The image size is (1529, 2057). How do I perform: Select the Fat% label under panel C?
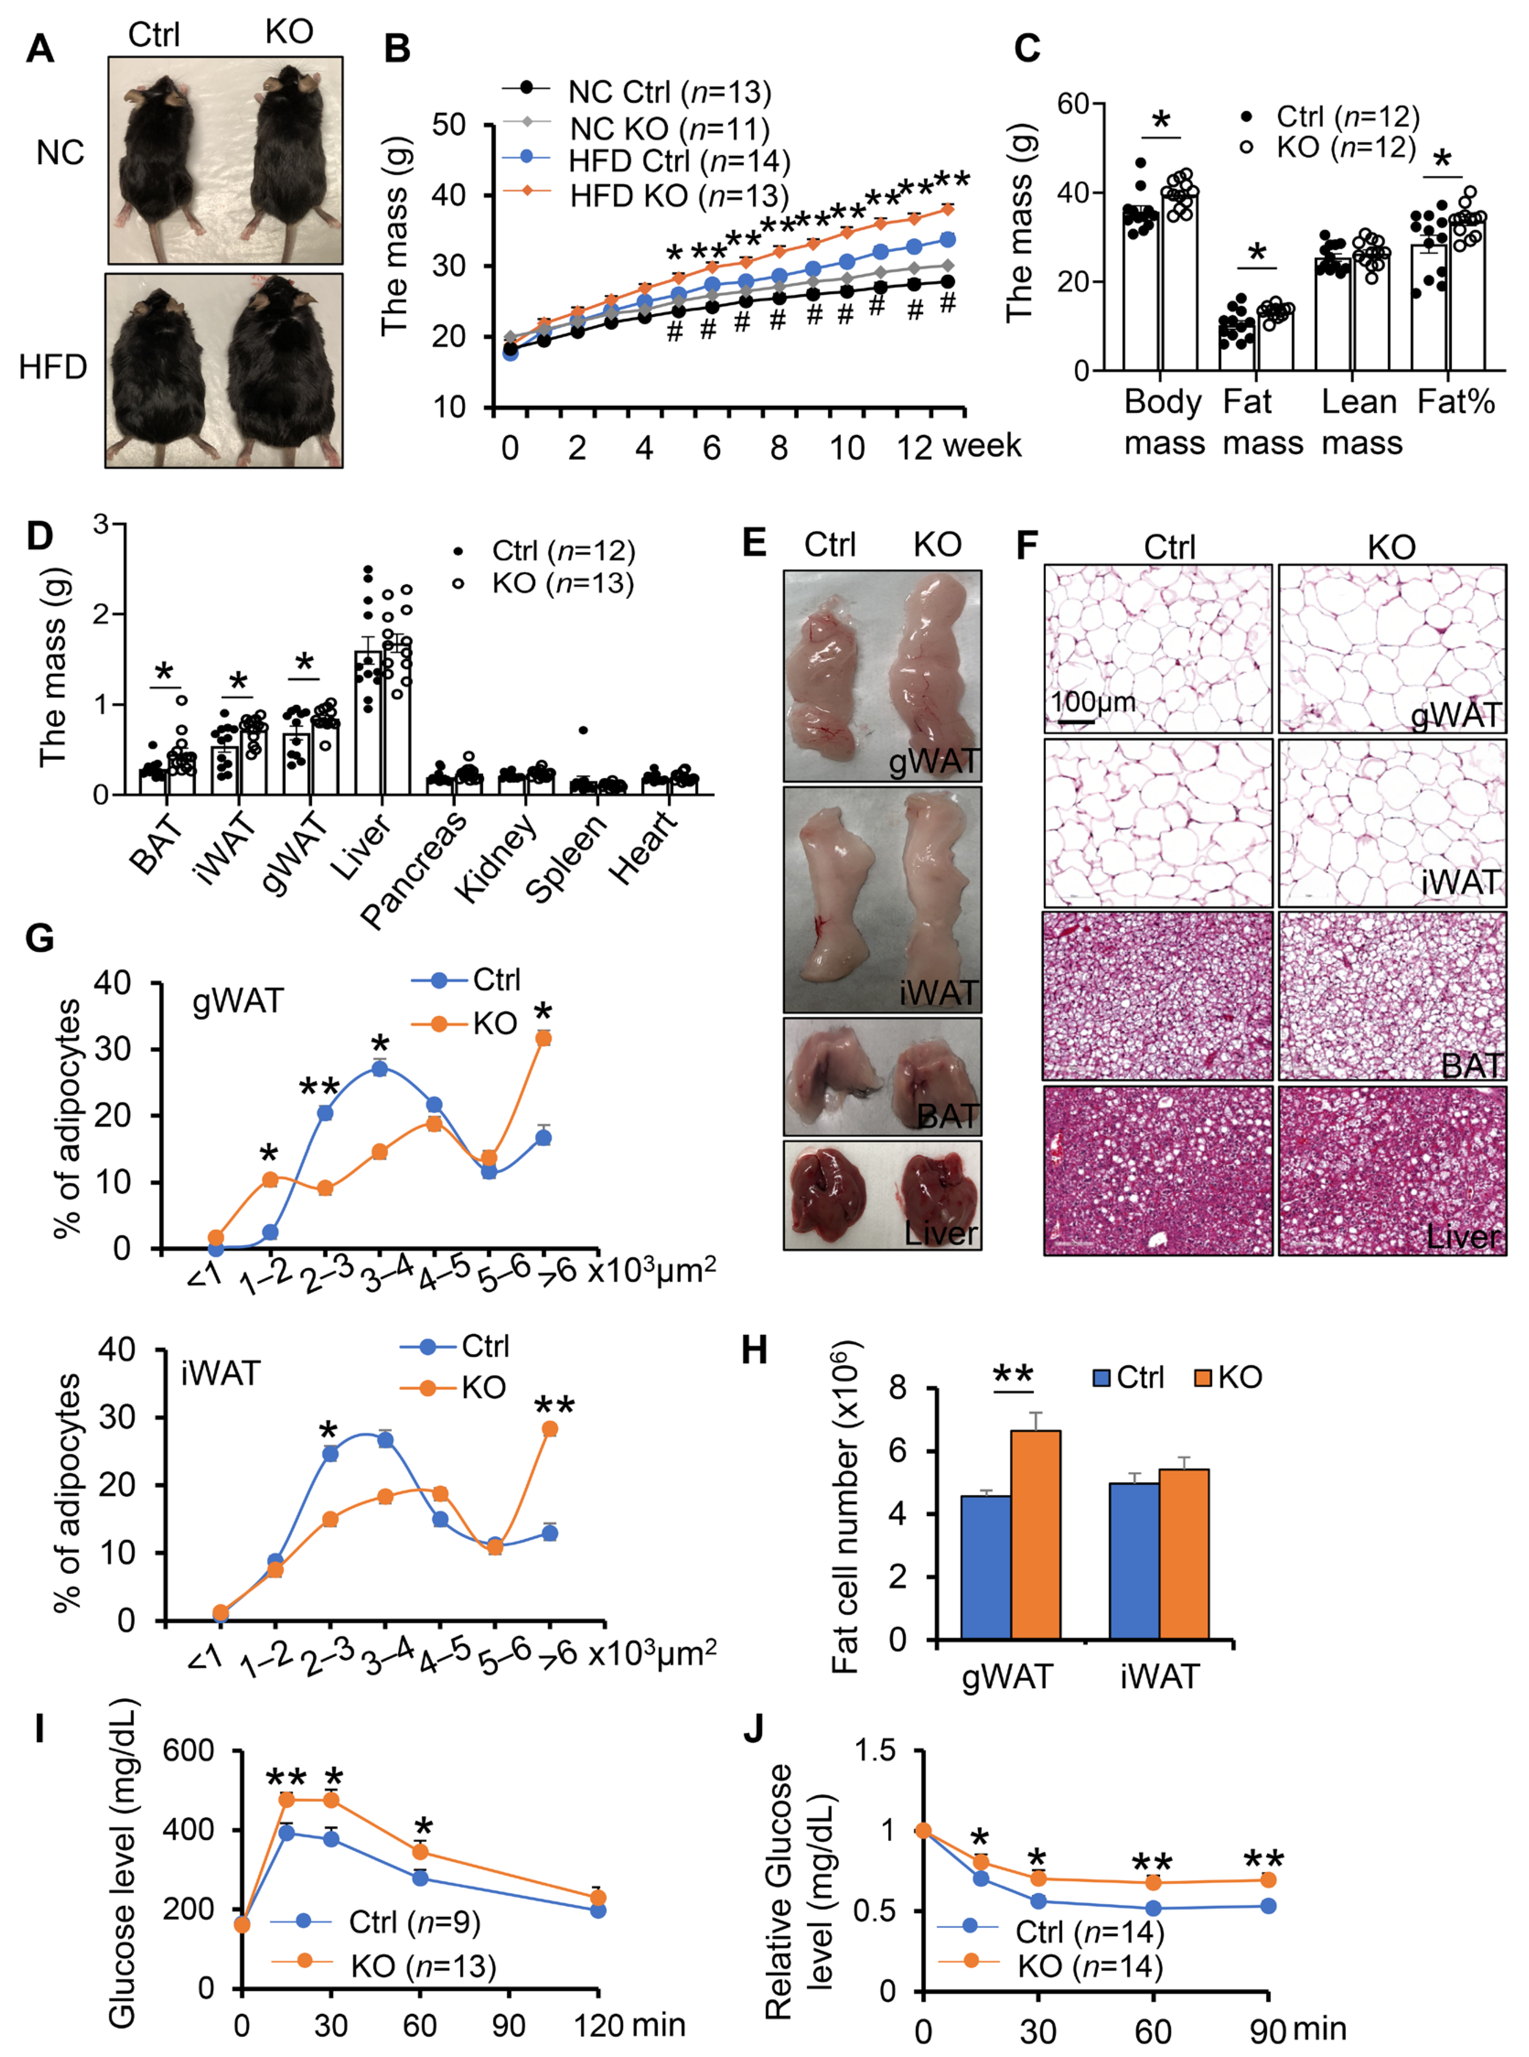click(1456, 402)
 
